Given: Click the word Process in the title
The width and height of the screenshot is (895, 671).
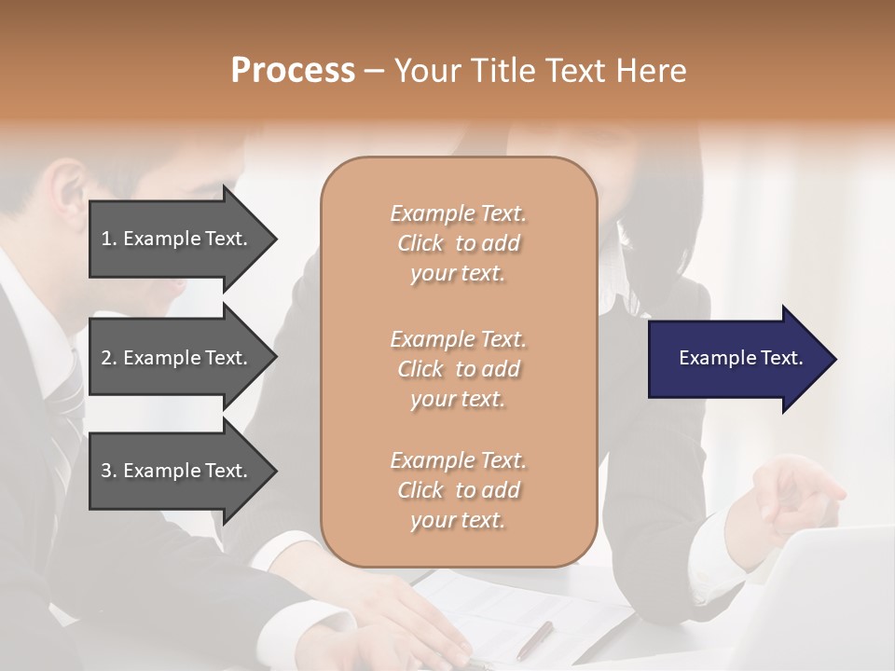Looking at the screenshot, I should [293, 70].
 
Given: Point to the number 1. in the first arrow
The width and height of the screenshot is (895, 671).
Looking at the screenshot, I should [109, 239].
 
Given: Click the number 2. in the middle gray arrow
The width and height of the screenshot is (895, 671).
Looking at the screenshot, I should [109, 358].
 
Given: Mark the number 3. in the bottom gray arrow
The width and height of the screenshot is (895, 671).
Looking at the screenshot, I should [109, 471].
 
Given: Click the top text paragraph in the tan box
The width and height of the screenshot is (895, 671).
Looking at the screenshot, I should [458, 243].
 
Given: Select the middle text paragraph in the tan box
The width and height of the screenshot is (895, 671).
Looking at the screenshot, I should [458, 369].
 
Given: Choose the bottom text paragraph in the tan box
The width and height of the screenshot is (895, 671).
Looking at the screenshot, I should [458, 490].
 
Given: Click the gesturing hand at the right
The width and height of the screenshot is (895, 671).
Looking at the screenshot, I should [792, 494].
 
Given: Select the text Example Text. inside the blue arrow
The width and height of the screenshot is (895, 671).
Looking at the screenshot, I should [740, 358].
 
